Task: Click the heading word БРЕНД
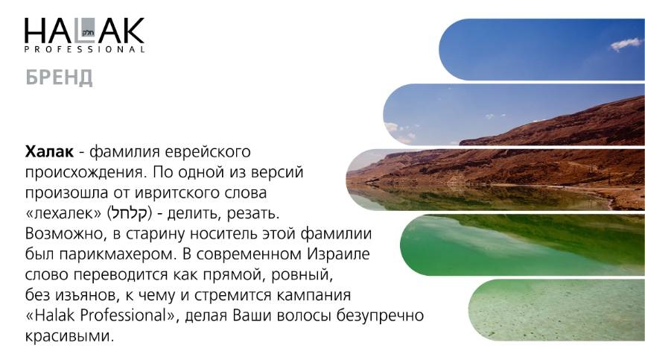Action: point(59,78)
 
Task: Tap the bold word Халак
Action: point(49,151)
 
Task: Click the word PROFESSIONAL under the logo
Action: point(84,49)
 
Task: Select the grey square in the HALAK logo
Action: point(88,30)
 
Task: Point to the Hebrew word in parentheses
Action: point(130,213)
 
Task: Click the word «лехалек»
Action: point(63,213)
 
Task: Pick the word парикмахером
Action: point(115,255)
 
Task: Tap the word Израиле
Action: point(338,254)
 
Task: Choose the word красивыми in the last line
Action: point(69,336)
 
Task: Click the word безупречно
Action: point(380,315)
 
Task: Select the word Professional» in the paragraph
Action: point(129,315)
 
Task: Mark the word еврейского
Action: point(207,152)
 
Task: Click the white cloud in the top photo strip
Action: point(626,44)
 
